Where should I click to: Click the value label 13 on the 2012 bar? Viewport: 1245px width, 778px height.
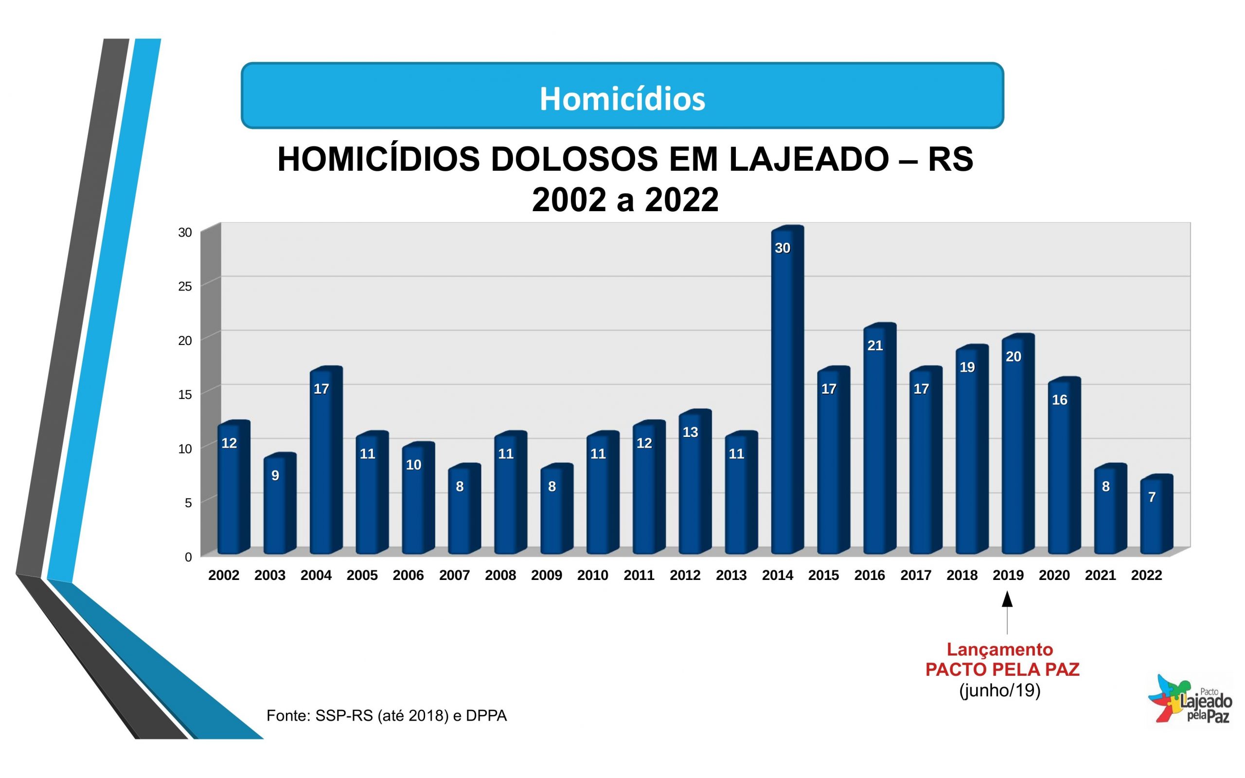point(690,433)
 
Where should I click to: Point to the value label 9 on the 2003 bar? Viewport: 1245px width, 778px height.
point(275,476)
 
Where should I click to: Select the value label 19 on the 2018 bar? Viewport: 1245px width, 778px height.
point(967,367)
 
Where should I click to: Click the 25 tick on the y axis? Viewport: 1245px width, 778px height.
point(185,287)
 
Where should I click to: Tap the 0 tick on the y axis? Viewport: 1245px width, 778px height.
point(188,557)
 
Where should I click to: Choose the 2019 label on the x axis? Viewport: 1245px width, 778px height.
point(1008,575)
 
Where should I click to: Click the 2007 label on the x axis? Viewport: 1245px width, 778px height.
point(454,575)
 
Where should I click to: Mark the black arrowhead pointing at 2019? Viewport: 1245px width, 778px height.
point(1007,600)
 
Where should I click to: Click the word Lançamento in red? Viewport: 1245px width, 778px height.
point(1000,650)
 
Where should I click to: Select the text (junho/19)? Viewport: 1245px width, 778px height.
point(1000,690)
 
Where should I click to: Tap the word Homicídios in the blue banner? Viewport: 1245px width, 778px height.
point(622,99)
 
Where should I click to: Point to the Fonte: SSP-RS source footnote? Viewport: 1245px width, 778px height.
point(386,716)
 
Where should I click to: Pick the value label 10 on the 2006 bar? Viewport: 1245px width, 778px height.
point(413,465)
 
